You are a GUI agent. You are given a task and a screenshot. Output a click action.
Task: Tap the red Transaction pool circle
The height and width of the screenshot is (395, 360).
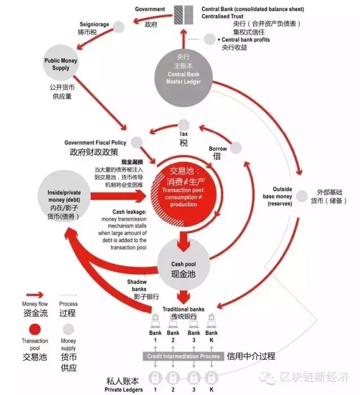point(183,190)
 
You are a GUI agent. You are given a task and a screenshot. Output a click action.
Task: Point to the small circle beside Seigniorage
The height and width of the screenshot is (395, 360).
point(119,26)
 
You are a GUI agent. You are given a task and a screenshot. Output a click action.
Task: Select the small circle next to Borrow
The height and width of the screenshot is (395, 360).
point(235,148)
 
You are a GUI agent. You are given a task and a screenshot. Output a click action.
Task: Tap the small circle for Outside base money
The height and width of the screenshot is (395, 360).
point(303,196)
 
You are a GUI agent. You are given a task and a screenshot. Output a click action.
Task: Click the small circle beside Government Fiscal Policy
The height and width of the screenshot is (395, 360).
point(137,143)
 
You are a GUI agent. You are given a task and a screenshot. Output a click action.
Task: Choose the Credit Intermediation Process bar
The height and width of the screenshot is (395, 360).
point(183,356)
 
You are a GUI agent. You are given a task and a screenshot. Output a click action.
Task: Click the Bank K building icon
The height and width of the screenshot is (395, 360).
point(211,323)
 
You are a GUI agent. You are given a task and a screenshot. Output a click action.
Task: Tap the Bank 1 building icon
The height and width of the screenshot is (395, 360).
point(156,323)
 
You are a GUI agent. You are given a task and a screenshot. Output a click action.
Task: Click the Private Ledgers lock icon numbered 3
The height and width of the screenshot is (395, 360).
point(193,377)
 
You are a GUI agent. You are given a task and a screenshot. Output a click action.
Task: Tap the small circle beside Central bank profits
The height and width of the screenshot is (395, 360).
point(210,39)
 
